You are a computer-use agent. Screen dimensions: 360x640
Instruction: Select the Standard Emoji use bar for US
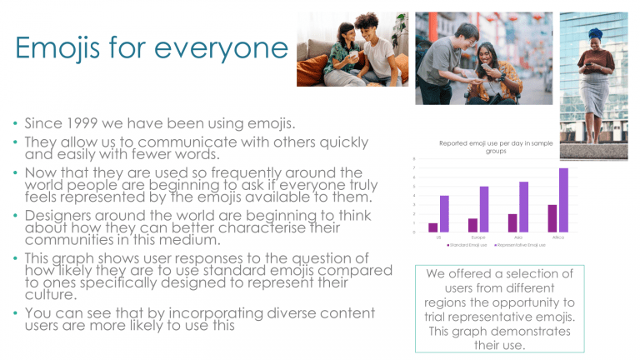tap(433, 227)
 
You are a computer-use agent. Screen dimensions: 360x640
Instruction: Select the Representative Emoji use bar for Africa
tap(563, 200)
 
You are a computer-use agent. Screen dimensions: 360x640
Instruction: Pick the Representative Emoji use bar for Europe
tap(484, 209)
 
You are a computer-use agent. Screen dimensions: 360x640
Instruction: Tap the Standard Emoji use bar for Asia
tap(512, 222)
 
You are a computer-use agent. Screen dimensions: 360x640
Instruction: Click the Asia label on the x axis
tap(517, 237)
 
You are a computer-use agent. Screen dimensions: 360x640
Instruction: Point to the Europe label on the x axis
tap(478, 237)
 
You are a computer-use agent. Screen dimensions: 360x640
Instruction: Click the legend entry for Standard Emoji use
tap(469, 245)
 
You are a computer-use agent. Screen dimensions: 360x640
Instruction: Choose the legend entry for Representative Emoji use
tap(522, 245)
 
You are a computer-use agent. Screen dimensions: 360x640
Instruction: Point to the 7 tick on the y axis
tap(414, 168)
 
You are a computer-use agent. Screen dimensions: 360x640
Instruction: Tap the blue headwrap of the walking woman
tap(596, 34)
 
